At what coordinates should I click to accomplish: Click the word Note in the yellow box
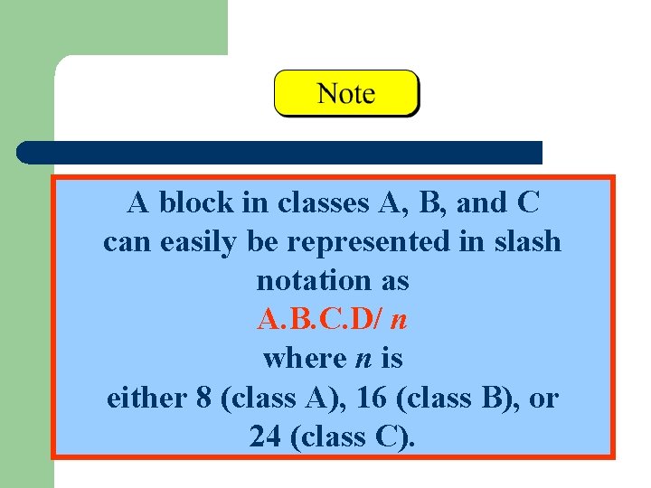point(346,93)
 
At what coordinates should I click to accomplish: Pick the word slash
point(525,242)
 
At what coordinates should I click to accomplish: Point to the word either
point(143,398)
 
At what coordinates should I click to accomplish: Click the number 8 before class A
point(203,398)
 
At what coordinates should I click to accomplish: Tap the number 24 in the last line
point(264,437)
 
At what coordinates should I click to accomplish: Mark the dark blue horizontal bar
point(280,152)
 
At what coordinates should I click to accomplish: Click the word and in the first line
point(480,202)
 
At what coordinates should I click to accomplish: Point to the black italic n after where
point(359,359)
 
